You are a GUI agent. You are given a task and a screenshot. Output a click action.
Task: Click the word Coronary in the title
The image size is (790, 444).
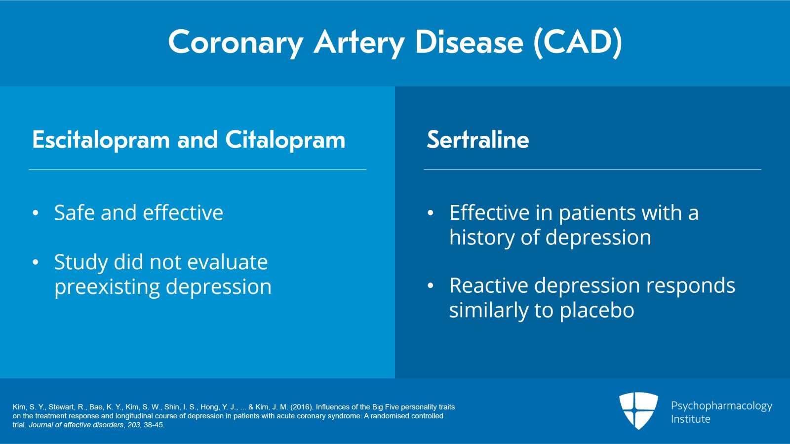pyautogui.click(x=235, y=42)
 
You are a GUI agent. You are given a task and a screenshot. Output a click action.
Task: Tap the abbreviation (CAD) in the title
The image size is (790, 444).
pyautogui.click(x=578, y=42)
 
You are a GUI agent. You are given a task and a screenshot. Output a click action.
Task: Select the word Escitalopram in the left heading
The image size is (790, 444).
pyautogui.click(x=101, y=140)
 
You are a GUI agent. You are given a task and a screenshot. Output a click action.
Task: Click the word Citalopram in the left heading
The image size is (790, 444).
pyautogui.click(x=285, y=140)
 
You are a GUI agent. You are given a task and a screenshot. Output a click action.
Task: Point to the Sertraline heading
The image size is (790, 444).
pyautogui.click(x=477, y=140)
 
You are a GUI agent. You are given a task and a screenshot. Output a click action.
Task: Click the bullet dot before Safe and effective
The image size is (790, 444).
pyautogui.click(x=36, y=213)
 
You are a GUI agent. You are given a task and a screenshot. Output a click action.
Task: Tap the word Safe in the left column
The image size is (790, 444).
pyautogui.click(x=74, y=213)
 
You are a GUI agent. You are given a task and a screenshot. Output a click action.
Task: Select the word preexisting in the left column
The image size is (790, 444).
pyautogui.click(x=107, y=287)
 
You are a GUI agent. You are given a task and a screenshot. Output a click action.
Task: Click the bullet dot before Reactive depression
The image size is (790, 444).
pyautogui.click(x=431, y=286)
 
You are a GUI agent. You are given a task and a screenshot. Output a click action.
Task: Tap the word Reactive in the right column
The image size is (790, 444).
pyautogui.click(x=488, y=286)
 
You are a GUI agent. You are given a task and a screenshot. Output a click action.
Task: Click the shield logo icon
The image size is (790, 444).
pyautogui.click(x=638, y=410)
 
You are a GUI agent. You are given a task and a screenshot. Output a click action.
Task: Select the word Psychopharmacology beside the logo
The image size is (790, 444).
pyautogui.click(x=721, y=406)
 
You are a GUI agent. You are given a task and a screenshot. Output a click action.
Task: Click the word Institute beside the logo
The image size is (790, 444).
pyautogui.click(x=690, y=419)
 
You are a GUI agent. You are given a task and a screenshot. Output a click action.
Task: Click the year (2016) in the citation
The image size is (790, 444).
pyautogui.click(x=301, y=407)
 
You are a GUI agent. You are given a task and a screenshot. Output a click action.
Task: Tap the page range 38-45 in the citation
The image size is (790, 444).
pyautogui.click(x=153, y=425)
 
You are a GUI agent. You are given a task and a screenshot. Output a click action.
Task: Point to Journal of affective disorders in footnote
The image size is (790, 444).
pyautogui.click(x=76, y=425)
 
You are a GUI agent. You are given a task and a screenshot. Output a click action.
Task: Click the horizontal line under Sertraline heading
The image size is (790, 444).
pyautogui.click(x=592, y=169)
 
